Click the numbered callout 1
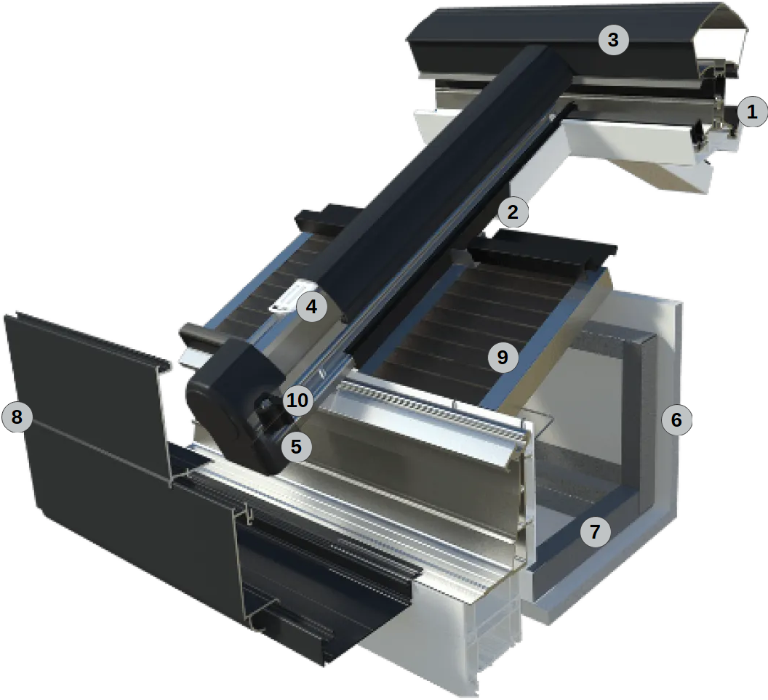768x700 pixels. [752, 112]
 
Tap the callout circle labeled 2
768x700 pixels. [513, 212]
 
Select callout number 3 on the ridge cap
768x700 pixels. [613, 39]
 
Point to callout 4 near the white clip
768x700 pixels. [311, 307]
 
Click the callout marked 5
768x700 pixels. [296, 446]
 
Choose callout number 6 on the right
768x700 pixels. [676, 419]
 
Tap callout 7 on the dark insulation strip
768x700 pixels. [595, 531]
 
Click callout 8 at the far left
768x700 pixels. [17, 417]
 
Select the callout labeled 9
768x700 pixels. [503, 358]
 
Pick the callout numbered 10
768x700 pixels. [297, 400]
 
